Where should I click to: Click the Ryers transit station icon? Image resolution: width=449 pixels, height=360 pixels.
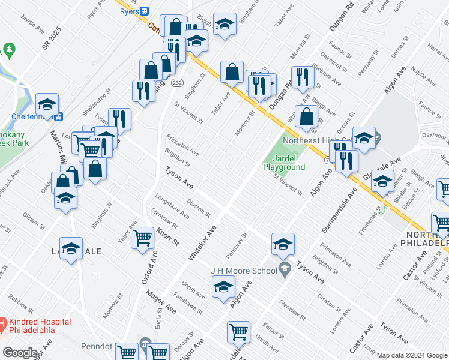tap(144, 11)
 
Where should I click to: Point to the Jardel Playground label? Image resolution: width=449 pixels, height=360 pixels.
tap(284, 163)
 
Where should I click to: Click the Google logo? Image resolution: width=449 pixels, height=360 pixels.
tap(20, 353)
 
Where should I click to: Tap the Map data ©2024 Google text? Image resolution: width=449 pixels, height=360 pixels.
tap(412, 355)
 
